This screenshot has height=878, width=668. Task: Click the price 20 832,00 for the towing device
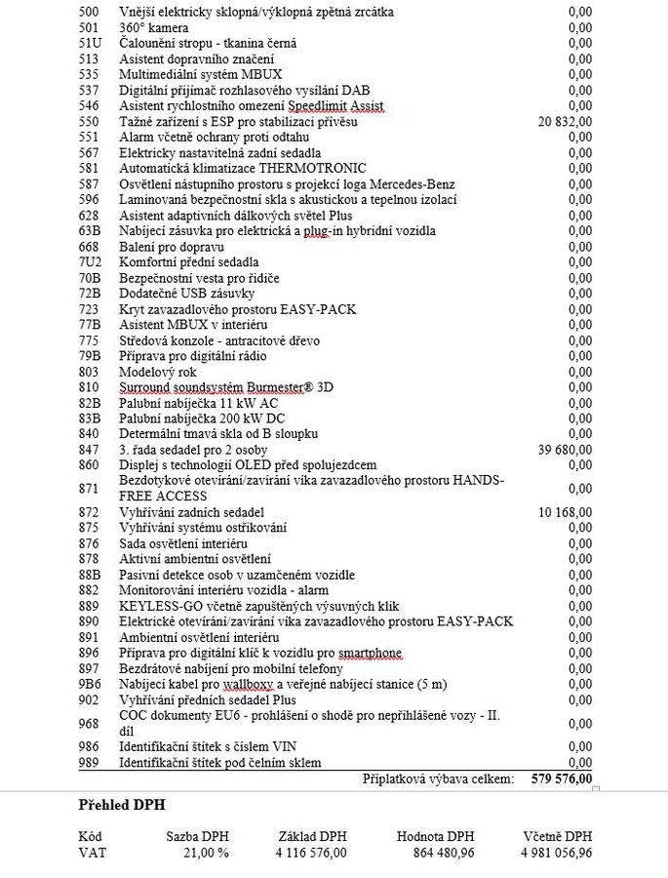pyautogui.click(x=565, y=122)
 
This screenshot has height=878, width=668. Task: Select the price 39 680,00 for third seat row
pyautogui.click(x=565, y=450)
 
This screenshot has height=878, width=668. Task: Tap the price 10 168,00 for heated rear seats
pyautogui.click(x=565, y=512)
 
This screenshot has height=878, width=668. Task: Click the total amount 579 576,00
pyautogui.click(x=562, y=778)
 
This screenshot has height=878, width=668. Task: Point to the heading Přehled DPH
pyautogui.click(x=122, y=805)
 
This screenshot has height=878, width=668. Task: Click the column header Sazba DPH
pyautogui.click(x=198, y=836)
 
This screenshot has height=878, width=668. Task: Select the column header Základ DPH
pyautogui.click(x=313, y=836)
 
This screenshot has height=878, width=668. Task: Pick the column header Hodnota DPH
pyautogui.click(x=435, y=836)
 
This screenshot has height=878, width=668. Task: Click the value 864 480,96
pyautogui.click(x=438, y=852)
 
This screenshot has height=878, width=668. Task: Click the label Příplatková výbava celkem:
pyautogui.click(x=438, y=778)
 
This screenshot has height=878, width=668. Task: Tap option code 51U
pyautogui.click(x=90, y=44)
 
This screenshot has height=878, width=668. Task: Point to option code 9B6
pyautogui.click(x=90, y=684)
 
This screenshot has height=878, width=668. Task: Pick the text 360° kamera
pyautogui.click(x=153, y=28)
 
